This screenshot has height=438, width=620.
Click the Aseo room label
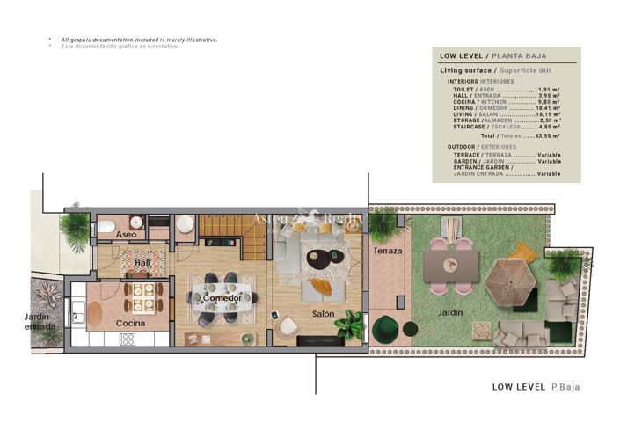tap(126, 235)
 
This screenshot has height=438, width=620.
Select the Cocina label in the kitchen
tap(131, 323)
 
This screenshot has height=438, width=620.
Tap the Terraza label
tap(387, 252)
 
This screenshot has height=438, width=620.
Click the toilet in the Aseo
tap(106, 227)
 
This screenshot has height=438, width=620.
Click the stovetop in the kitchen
tap(126, 339)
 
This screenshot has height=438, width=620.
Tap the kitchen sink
tap(77, 309)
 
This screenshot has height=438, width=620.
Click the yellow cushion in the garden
tap(522, 252)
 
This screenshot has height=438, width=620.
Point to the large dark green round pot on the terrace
tap(385, 329)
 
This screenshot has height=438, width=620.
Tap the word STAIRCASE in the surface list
tap(465, 126)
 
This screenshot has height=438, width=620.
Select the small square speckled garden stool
tap(481, 331)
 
